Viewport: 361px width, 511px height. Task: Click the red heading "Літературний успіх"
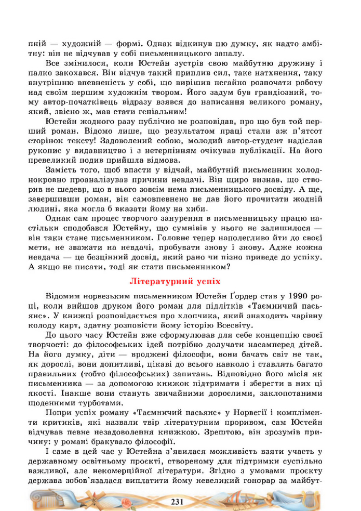pos(180,281)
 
